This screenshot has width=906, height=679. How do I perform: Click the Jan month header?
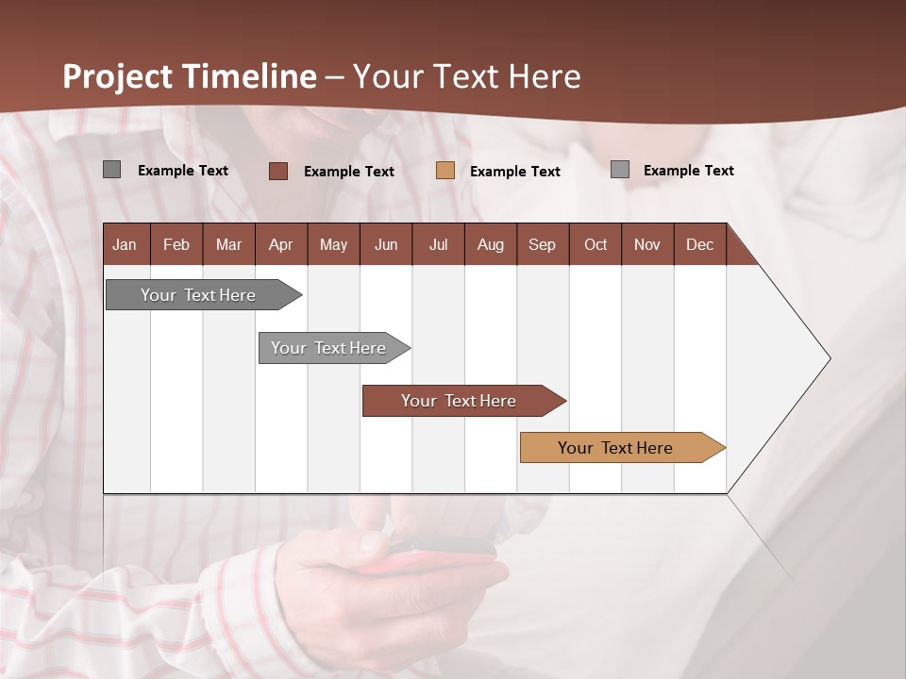click(125, 244)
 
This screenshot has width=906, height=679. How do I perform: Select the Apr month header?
click(281, 244)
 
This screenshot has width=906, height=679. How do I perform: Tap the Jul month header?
click(438, 244)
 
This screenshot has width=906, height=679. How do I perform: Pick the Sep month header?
click(542, 244)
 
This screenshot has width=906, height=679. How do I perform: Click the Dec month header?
click(699, 244)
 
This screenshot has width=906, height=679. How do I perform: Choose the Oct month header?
click(596, 244)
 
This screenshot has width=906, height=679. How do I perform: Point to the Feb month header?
click(176, 244)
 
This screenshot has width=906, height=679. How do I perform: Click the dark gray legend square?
click(112, 170)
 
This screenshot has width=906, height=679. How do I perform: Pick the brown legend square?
click(278, 171)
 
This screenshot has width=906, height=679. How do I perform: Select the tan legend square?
click(445, 171)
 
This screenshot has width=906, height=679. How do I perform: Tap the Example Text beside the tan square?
click(515, 172)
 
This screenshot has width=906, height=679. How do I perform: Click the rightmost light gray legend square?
click(620, 170)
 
